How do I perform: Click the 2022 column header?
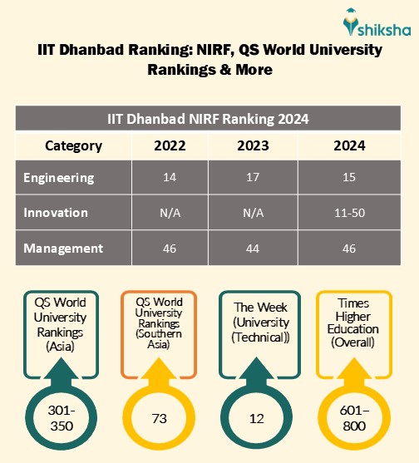(x=170, y=145)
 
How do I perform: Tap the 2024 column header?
(x=349, y=145)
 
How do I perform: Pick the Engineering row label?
(x=59, y=178)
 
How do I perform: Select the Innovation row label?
(x=56, y=213)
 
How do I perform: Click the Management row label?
(x=63, y=248)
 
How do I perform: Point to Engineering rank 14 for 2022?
(x=170, y=178)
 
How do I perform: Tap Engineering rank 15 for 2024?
(x=349, y=178)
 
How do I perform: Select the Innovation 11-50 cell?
(x=349, y=213)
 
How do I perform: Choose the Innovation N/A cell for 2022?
(x=170, y=213)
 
